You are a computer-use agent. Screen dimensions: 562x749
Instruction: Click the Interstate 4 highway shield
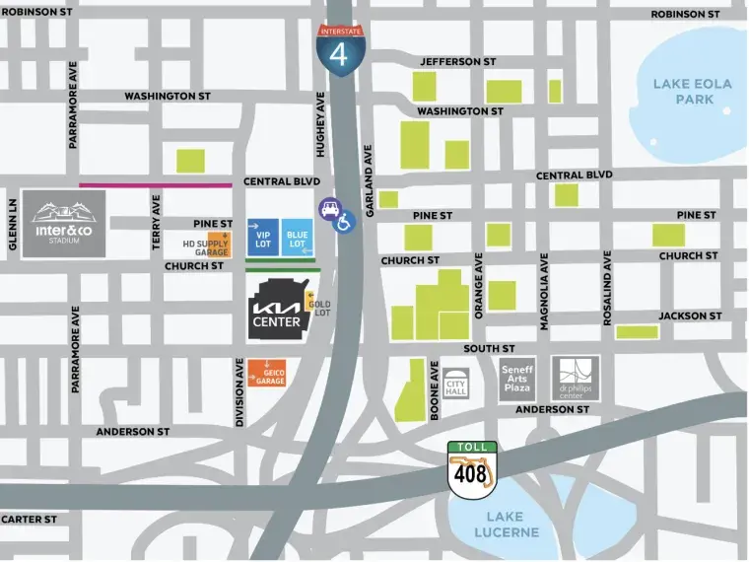click(x=339, y=47)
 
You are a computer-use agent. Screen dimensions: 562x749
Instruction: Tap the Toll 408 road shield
click(x=471, y=467)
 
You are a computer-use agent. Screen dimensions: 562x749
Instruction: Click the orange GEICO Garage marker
click(x=267, y=373)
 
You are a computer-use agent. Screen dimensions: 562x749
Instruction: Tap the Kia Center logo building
click(x=277, y=309)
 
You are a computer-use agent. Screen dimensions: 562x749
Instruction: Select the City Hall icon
click(x=455, y=380)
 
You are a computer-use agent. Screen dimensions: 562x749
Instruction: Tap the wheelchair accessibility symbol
click(x=345, y=224)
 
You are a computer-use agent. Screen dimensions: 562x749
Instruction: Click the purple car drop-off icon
click(x=328, y=208)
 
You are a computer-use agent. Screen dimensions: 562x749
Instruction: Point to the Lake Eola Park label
click(x=692, y=92)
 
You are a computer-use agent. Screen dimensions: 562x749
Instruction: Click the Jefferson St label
click(x=457, y=61)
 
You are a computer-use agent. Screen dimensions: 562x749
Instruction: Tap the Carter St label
click(x=29, y=519)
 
